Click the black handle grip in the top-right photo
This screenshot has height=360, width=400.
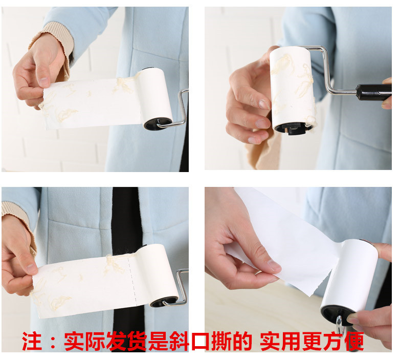(x=374, y=92)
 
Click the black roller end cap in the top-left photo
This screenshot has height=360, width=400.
(x=158, y=123)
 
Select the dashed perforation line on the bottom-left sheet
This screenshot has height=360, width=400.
(x=132, y=281)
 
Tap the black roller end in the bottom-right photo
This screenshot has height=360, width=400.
(x=334, y=316)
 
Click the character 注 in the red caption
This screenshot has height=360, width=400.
(x=32, y=341)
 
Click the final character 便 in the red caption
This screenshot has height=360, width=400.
(x=354, y=341)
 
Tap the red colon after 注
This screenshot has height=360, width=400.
(x=53, y=342)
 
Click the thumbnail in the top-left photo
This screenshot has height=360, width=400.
(x=44, y=82)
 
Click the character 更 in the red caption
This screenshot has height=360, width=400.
(x=312, y=341)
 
